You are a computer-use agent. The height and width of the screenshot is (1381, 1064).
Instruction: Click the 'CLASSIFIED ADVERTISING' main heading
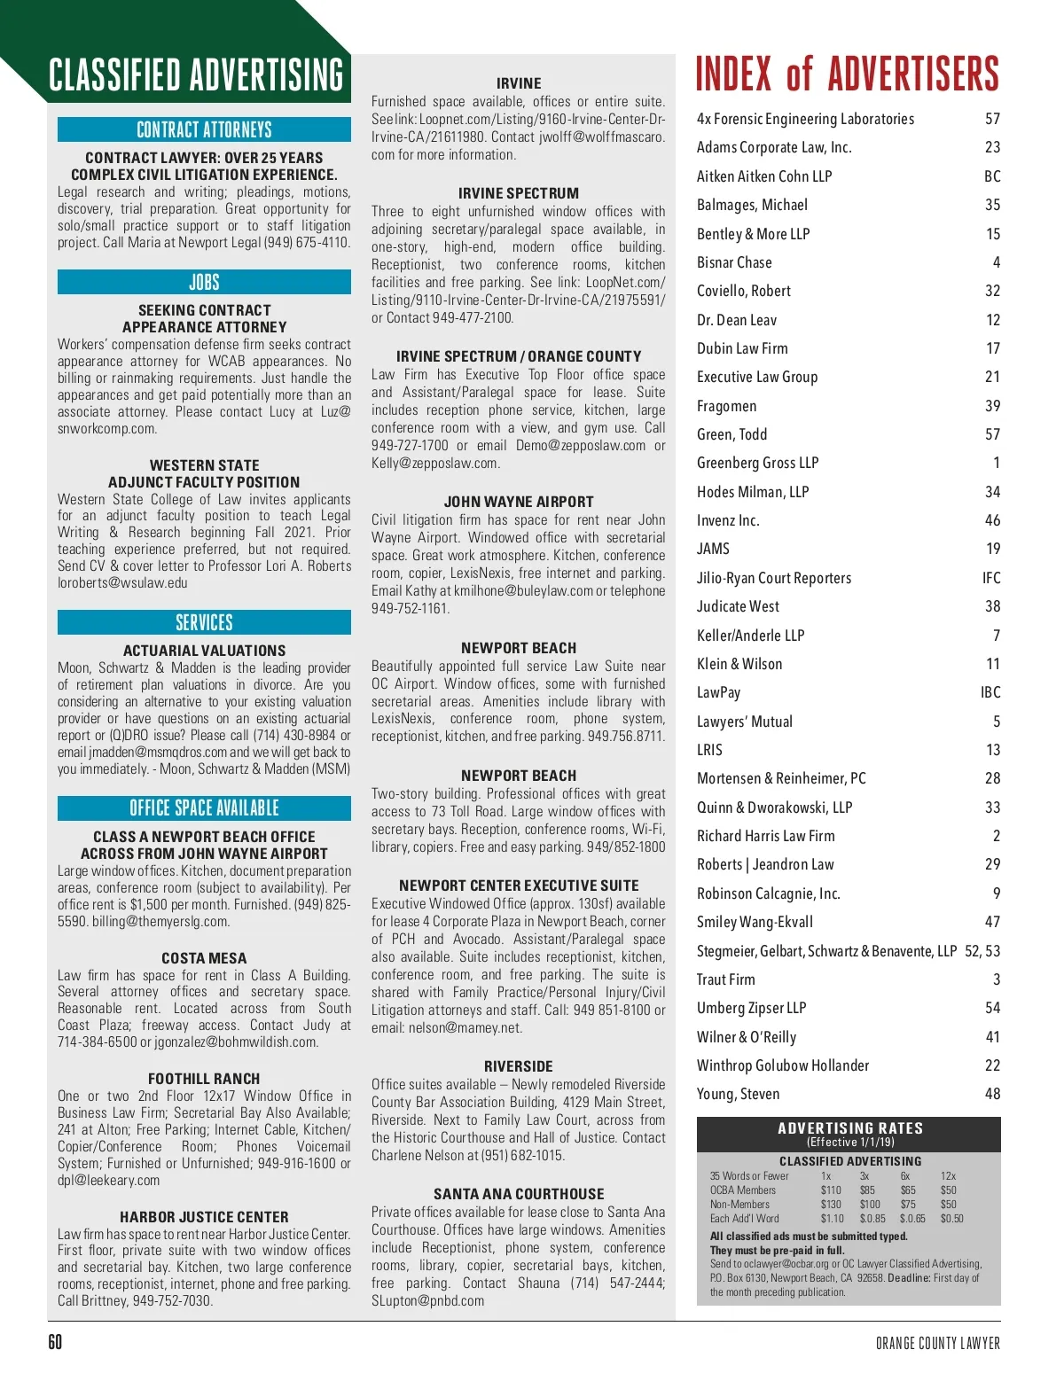[x=196, y=75]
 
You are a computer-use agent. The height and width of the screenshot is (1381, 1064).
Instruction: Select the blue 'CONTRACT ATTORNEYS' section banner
[x=204, y=129]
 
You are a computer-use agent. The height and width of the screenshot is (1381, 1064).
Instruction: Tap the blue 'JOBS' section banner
[x=204, y=282]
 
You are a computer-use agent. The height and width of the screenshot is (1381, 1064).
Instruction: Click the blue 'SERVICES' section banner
[x=204, y=622]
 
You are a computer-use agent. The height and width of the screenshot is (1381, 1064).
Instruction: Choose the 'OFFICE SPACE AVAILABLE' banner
[x=204, y=808]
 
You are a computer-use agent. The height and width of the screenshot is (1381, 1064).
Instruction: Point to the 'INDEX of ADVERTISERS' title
[x=847, y=74]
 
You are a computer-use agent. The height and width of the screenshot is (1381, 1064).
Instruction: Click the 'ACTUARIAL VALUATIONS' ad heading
[x=204, y=651]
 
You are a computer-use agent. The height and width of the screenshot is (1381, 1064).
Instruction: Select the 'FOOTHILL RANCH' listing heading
[x=204, y=1079]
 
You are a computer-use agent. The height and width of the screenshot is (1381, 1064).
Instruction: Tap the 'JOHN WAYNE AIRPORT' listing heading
[x=519, y=502]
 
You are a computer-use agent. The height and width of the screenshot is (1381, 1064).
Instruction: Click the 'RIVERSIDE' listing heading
[x=519, y=1066]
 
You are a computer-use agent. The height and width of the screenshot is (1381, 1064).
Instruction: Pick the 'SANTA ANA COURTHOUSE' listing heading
[x=519, y=1194]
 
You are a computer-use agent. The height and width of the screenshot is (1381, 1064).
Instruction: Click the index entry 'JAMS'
[x=713, y=549]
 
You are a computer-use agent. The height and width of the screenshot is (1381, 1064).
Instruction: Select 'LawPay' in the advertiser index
[x=718, y=692]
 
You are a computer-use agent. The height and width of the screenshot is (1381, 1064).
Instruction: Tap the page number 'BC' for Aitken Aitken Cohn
[x=992, y=176]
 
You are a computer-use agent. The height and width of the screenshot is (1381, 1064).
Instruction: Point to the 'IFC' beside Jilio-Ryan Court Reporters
[x=991, y=578]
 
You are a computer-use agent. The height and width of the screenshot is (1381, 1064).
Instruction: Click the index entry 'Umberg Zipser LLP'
[x=751, y=1008]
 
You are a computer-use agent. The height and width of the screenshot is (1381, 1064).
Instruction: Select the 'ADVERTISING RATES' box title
[x=849, y=1128]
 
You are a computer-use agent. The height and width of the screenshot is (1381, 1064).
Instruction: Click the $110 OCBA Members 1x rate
[x=831, y=1190]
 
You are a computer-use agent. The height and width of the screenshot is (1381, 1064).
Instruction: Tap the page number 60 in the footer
[x=55, y=1342]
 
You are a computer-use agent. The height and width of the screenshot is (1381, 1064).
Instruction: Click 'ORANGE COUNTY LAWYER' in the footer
[x=937, y=1344]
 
